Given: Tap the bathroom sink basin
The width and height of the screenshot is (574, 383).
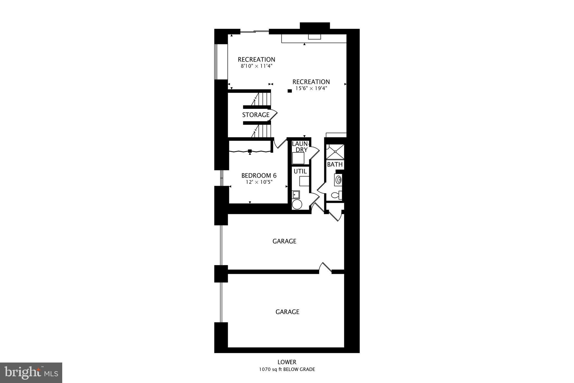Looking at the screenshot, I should [x=339, y=179].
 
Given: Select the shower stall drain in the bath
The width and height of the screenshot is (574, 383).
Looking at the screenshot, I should [x=335, y=152].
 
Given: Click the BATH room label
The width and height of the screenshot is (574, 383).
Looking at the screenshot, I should [x=335, y=164].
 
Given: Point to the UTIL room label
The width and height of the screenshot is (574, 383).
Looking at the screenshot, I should [x=300, y=171].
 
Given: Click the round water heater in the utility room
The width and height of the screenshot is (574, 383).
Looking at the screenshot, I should [x=297, y=204].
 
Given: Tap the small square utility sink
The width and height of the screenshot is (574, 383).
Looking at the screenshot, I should [x=296, y=194].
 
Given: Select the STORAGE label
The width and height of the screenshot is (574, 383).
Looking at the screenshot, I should [x=256, y=115].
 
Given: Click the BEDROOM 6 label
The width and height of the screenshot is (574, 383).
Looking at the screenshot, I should [x=259, y=176].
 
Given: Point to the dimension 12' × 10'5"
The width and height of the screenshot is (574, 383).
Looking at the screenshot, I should [x=259, y=182].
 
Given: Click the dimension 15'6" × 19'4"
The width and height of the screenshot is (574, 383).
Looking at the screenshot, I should [x=311, y=88].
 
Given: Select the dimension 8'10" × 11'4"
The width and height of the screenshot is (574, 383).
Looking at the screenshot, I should [x=256, y=66].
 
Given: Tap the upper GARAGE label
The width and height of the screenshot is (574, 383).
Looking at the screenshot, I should [x=284, y=241].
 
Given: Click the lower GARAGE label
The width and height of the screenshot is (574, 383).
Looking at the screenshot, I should [x=287, y=312].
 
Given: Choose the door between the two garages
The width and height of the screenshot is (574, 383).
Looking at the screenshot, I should [x=325, y=269].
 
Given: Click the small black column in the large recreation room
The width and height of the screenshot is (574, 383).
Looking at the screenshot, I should [x=290, y=91].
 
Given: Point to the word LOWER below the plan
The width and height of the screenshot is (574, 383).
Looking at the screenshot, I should [x=287, y=362].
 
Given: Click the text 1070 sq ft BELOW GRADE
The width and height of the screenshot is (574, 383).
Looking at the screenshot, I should [x=287, y=370].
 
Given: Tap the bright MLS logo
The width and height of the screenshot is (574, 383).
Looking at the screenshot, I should [x=31, y=373].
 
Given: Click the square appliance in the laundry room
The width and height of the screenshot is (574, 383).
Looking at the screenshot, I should [x=298, y=159].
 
